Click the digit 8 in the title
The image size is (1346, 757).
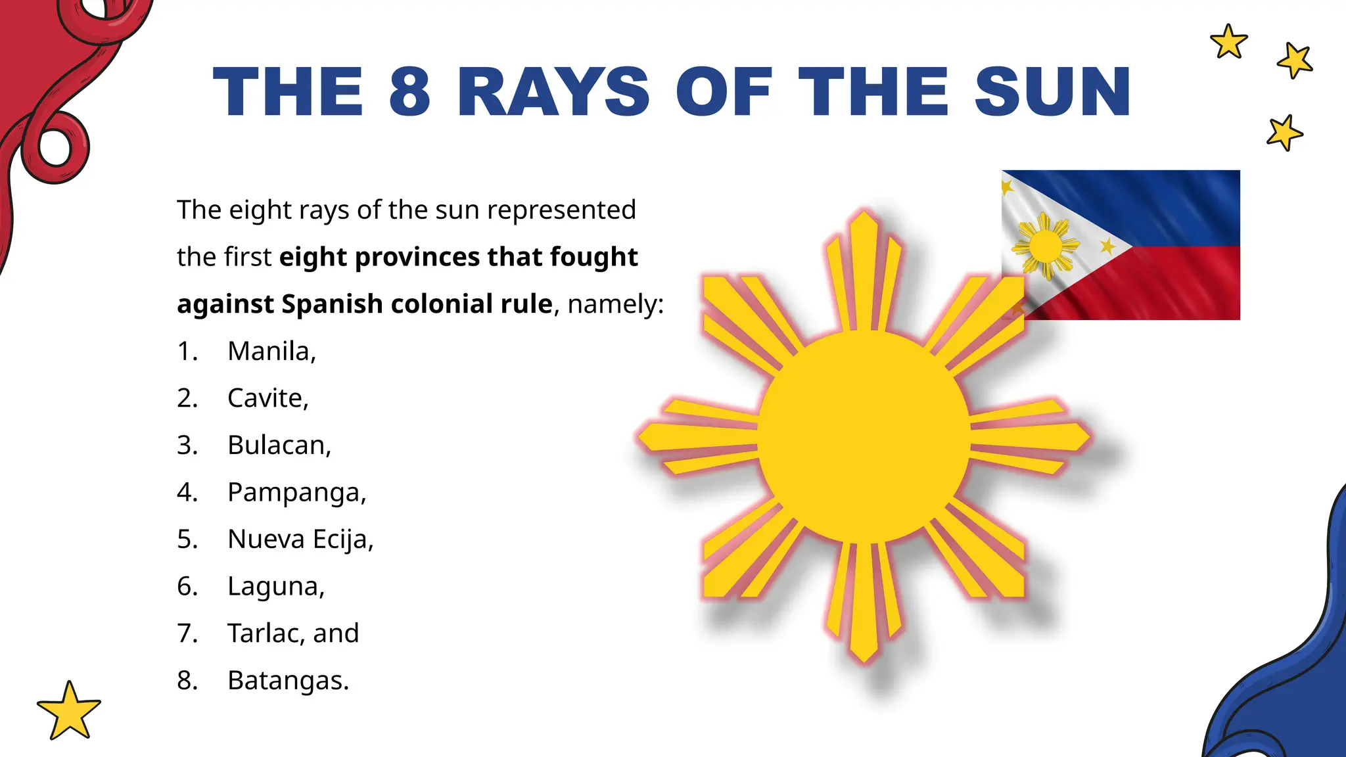click(x=409, y=92)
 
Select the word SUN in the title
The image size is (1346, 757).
click(x=1052, y=92)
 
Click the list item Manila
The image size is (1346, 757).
click(x=269, y=351)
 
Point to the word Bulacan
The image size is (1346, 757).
click(x=277, y=445)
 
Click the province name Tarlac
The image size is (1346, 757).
click(x=267, y=633)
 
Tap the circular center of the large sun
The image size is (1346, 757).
click(x=864, y=436)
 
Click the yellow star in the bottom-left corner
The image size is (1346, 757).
click(x=69, y=711)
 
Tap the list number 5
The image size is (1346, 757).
click(x=187, y=539)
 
